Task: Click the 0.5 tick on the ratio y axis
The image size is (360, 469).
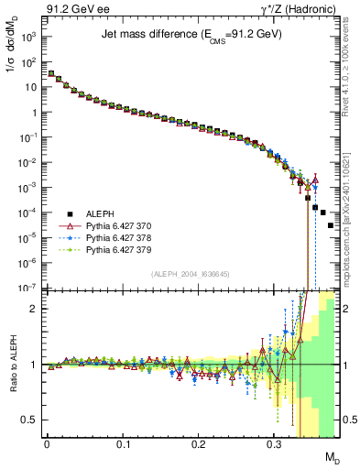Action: pos(31,420)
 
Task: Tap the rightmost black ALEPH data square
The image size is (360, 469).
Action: pos(331,251)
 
